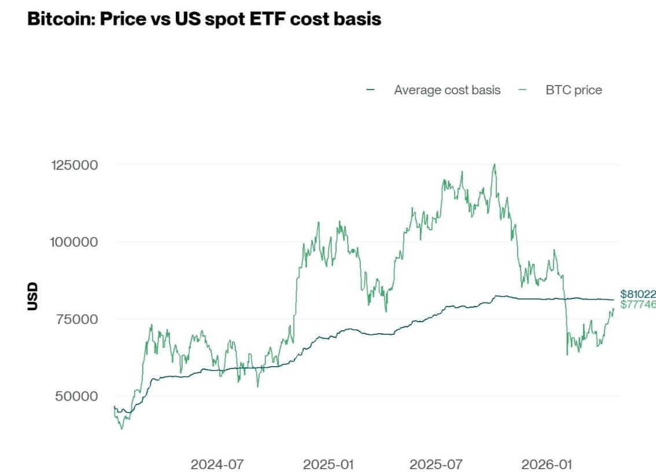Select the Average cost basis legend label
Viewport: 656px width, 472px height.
447,90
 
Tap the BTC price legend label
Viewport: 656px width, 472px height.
573,90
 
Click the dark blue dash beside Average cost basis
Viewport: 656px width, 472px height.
371,90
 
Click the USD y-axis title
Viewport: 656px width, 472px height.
32,296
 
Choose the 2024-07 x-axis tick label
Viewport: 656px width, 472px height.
218,464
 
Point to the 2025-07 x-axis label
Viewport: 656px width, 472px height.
436,464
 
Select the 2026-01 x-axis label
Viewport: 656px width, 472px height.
547,464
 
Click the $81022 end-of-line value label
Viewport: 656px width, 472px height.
637,294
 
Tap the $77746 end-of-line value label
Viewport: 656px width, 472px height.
637,304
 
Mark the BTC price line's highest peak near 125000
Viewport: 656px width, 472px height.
494,164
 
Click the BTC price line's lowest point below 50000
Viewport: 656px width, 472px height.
121,429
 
